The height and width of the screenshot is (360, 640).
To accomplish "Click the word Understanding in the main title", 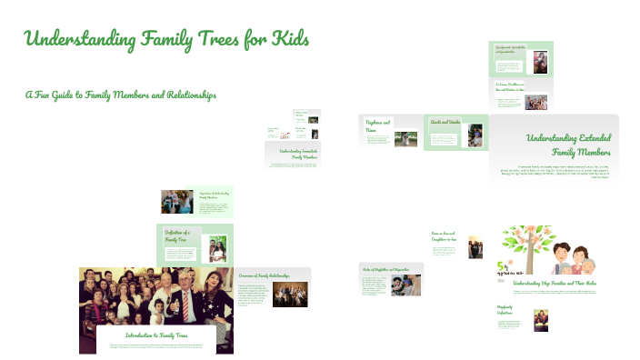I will (80, 40).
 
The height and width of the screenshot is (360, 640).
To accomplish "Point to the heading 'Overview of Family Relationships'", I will (264, 275).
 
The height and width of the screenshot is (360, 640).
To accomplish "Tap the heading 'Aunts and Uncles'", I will (445, 121).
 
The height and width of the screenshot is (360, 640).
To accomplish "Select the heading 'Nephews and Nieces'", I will (378, 126).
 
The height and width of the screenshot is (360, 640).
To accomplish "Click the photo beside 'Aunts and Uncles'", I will (475, 135).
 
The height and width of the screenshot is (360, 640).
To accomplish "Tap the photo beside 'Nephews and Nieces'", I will (405, 139).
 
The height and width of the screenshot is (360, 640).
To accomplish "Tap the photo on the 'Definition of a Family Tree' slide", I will (218, 246).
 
